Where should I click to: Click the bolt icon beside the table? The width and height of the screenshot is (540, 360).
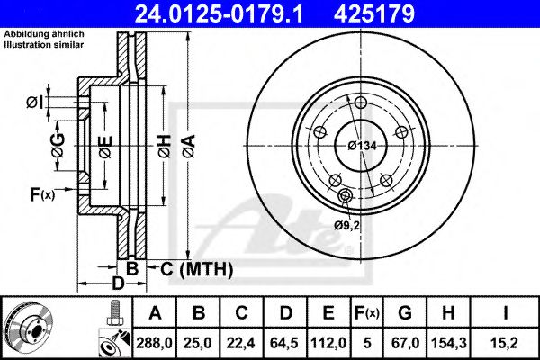pyautogui.click(x=113, y=315)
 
